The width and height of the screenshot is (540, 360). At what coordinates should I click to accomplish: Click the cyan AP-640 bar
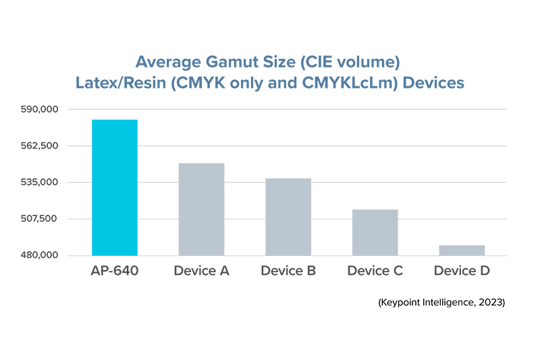[115, 187]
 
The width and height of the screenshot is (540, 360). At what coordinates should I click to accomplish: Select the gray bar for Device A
[201, 209]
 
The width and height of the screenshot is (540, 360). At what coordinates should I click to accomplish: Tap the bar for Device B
[288, 216]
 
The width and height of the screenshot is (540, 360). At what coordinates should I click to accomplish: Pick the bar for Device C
[375, 232]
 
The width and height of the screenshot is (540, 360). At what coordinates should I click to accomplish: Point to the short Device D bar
[462, 250]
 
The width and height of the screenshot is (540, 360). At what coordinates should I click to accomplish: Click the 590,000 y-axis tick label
[59, 109]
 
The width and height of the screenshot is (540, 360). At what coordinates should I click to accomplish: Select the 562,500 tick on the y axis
[59, 146]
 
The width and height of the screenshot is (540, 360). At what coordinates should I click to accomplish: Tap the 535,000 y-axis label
[59, 182]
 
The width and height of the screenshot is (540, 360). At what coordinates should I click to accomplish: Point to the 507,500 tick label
[59, 219]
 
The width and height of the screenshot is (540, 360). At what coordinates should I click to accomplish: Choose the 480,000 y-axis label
[59, 255]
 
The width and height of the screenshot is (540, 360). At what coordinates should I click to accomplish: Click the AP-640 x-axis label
[115, 272]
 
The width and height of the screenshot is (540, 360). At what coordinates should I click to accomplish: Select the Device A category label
[201, 272]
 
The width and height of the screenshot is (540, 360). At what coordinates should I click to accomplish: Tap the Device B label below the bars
[288, 272]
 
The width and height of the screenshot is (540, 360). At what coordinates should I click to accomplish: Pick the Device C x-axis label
[375, 272]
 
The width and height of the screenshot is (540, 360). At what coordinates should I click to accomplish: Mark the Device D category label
[462, 272]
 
